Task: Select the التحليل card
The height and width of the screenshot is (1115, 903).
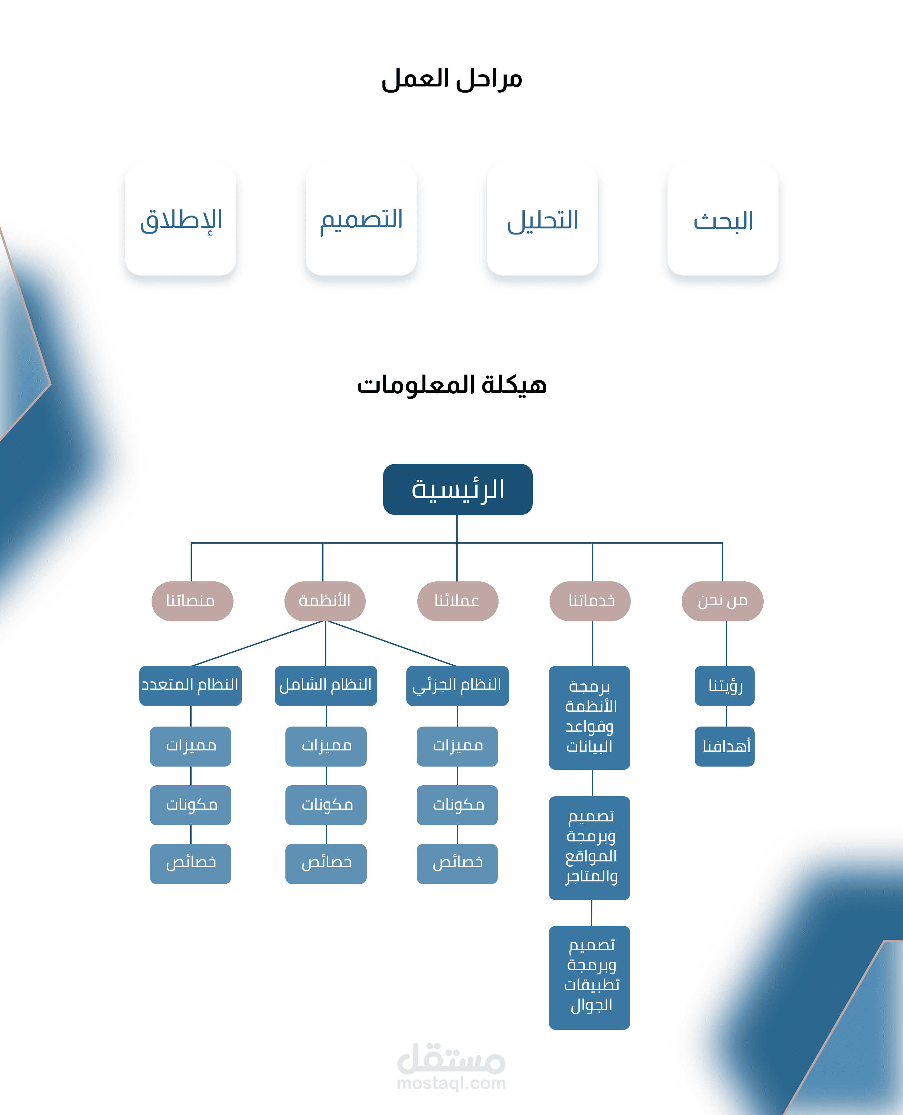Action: pyautogui.click(x=542, y=220)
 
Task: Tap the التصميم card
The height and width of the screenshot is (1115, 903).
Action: pyautogui.click(x=361, y=220)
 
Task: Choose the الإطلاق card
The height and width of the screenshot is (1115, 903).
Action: pyautogui.click(x=181, y=220)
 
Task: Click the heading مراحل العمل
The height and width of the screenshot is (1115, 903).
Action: pyautogui.click(x=451, y=79)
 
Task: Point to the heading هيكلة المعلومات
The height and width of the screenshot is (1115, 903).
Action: pyautogui.click(x=451, y=385)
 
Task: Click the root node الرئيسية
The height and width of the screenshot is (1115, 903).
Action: pyautogui.click(x=458, y=489)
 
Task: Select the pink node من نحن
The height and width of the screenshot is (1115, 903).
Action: pyautogui.click(x=722, y=601)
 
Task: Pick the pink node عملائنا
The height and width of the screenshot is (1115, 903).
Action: pyautogui.click(x=458, y=601)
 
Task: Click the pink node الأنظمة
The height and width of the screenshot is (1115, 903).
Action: pyautogui.click(x=324, y=601)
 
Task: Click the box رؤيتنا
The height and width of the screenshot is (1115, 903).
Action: pyautogui.click(x=725, y=686)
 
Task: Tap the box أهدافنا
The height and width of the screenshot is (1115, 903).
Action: pyautogui.click(x=725, y=746)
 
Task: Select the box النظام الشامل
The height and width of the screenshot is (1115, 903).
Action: pyautogui.click(x=326, y=686)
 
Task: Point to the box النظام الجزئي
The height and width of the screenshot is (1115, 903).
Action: pyautogui.click(x=457, y=686)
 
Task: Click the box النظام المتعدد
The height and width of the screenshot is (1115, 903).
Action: pyautogui.click(x=190, y=686)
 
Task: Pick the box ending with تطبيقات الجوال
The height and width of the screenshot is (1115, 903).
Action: pyautogui.click(x=589, y=977)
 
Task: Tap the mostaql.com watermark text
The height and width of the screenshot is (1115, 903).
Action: pyautogui.click(x=451, y=1083)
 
